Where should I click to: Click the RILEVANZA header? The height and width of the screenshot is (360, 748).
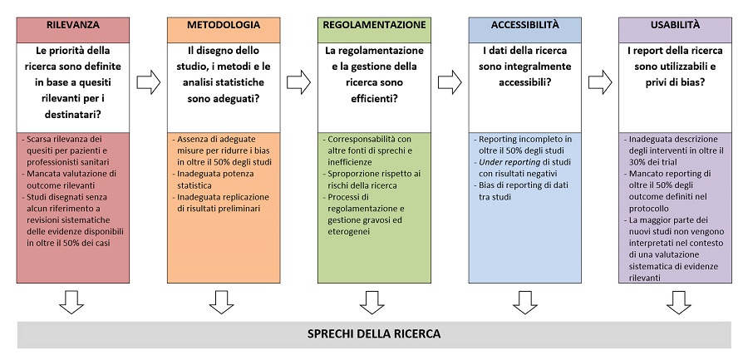click(x=73, y=25)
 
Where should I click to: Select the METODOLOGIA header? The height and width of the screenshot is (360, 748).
click(x=224, y=25)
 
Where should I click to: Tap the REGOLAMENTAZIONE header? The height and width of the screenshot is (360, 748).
click(x=375, y=25)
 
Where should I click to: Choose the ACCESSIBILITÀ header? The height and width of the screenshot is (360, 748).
click(x=524, y=25)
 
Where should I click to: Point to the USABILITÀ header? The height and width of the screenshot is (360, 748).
click(x=675, y=25)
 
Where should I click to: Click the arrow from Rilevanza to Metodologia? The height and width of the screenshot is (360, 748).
click(x=149, y=82)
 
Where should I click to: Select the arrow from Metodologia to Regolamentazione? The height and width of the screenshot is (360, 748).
click(x=298, y=82)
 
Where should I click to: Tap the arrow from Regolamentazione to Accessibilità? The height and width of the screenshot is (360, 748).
click(x=450, y=82)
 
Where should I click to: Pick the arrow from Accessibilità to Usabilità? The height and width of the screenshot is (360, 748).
click(x=600, y=82)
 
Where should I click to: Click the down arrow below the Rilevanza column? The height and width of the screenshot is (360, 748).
click(x=71, y=303)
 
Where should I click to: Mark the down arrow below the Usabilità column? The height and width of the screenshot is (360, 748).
click(x=678, y=303)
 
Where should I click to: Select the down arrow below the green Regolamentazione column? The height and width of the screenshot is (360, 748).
click(x=372, y=303)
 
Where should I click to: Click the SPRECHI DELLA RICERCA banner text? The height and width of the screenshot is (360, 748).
click(x=374, y=333)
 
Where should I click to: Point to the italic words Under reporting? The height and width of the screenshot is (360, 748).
click(x=509, y=162)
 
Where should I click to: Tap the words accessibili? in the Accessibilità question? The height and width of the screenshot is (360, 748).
click(x=525, y=82)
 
